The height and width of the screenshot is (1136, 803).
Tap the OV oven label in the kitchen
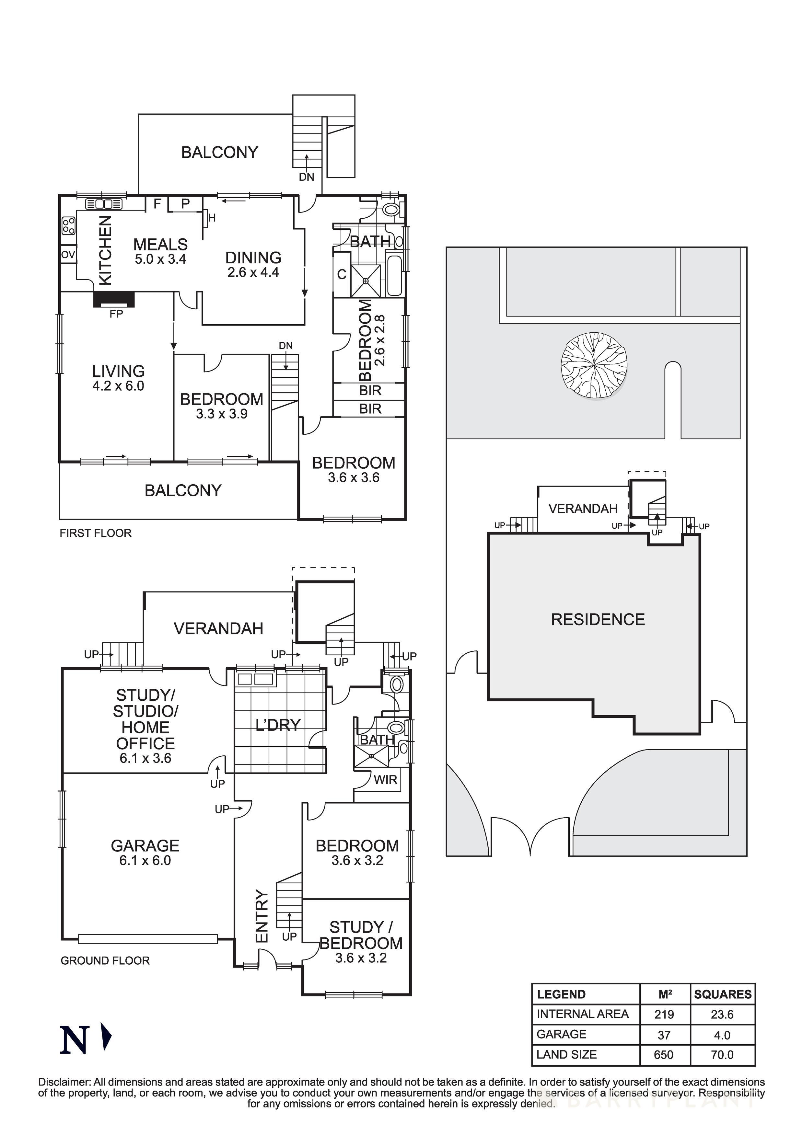pyautogui.click(x=68, y=255)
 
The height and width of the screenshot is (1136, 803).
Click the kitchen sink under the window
pyautogui.click(x=104, y=203)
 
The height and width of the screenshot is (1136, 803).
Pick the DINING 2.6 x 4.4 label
pyautogui.click(x=253, y=264)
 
